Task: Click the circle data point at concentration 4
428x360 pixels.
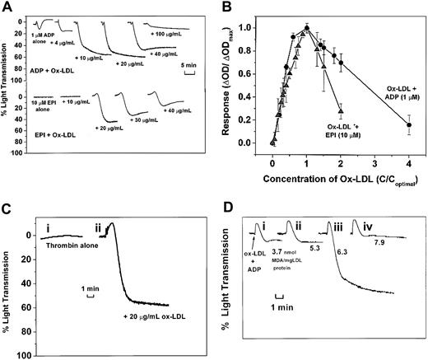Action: (410, 124)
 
